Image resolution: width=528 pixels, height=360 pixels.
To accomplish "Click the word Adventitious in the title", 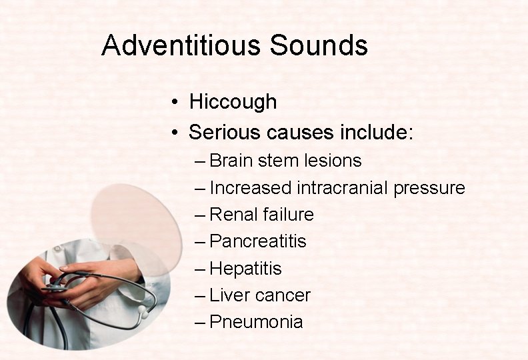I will point(181,45).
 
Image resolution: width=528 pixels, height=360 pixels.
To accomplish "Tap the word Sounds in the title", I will point(319,45).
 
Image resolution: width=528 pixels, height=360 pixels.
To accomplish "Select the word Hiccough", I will point(233,102).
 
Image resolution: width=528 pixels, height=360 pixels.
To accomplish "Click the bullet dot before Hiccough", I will point(173,103).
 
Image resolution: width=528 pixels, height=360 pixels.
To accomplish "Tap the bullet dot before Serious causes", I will point(173,133).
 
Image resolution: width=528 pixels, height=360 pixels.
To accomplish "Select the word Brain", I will point(231,161).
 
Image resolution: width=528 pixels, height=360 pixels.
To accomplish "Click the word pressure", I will point(429,189).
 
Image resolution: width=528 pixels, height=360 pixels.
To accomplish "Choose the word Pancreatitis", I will point(258,241).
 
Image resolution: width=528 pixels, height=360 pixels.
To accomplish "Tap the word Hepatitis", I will point(245,269).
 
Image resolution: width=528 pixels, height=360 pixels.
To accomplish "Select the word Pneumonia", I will point(256,322).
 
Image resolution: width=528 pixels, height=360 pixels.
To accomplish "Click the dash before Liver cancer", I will point(201,295).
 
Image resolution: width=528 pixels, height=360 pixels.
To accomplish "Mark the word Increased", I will point(251,188).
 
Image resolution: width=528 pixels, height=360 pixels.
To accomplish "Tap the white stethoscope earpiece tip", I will point(142,312).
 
